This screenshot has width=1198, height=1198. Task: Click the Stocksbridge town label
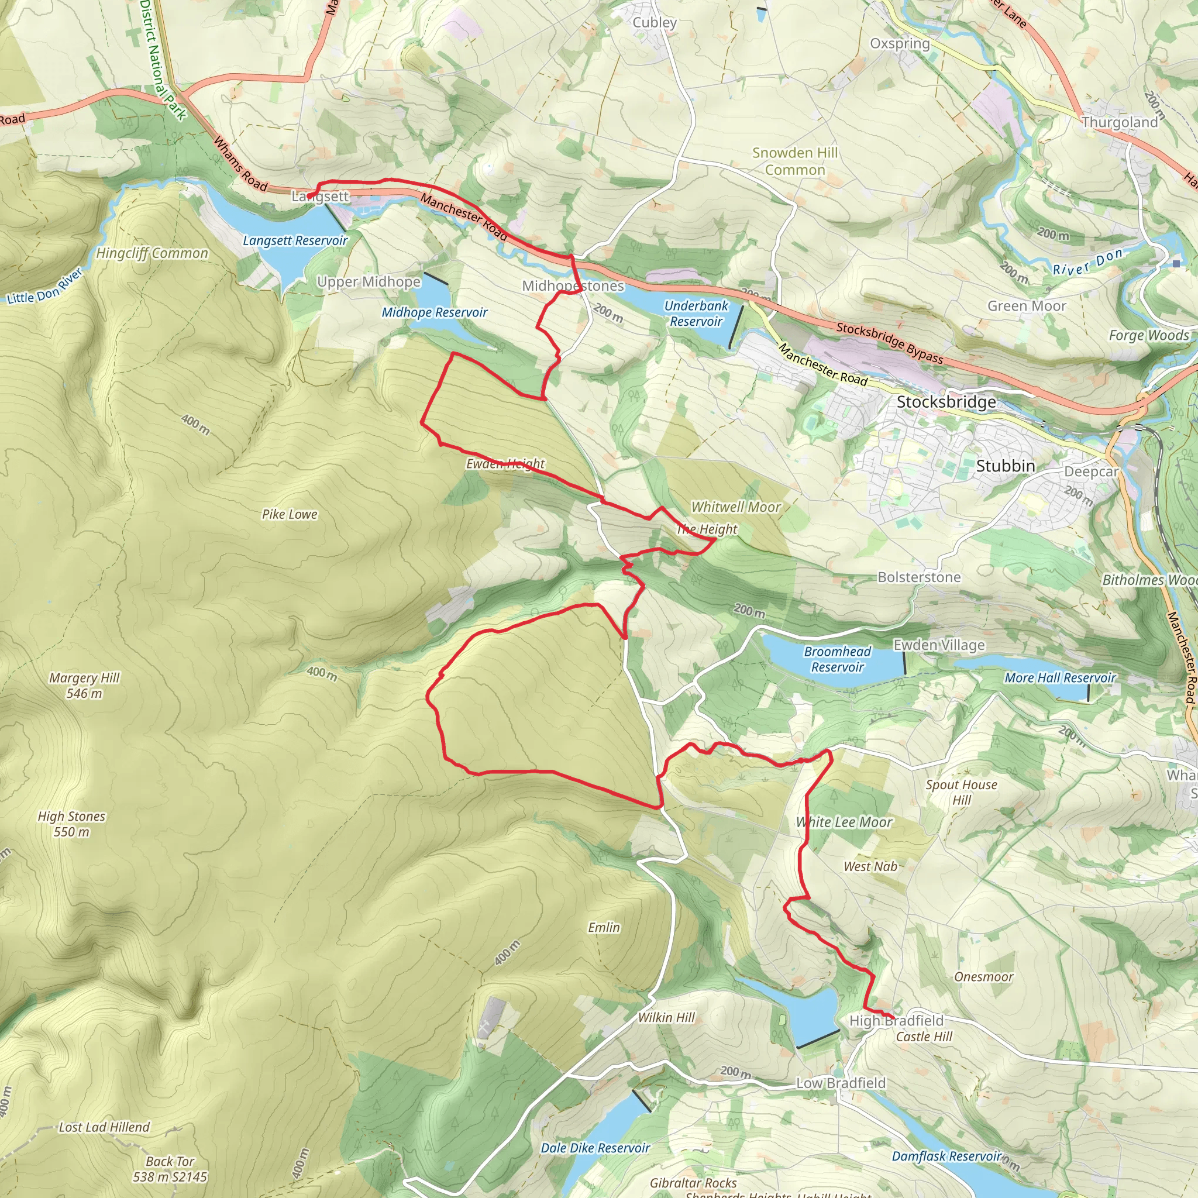[x=946, y=402]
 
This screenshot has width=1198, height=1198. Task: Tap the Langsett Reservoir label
[x=295, y=240]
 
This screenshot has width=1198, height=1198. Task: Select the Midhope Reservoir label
[x=434, y=312]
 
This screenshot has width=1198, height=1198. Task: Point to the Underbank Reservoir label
[x=696, y=314]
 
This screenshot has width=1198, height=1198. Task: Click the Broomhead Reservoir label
[x=837, y=659]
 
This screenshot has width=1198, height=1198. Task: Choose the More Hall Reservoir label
[x=1060, y=678]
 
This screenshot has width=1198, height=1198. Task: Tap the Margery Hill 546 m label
[x=84, y=686]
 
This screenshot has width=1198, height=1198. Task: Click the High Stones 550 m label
[x=71, y=824]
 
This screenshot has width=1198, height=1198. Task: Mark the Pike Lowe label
[x=290, y=514]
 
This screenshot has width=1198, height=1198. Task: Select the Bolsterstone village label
[x=919, y=577]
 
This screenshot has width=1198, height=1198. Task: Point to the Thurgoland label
[x=1120, y=122]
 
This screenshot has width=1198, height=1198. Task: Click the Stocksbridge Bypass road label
[x=889, y=342]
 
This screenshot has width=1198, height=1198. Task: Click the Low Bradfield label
[x=841, y=1083]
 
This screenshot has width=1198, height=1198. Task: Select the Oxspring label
[x=900, y=43]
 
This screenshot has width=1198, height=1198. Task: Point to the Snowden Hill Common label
[x=795, y=161]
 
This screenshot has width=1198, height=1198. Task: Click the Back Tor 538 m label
[x=170, y=1169]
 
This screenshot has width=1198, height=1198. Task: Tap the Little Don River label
[x=44, y=287]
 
